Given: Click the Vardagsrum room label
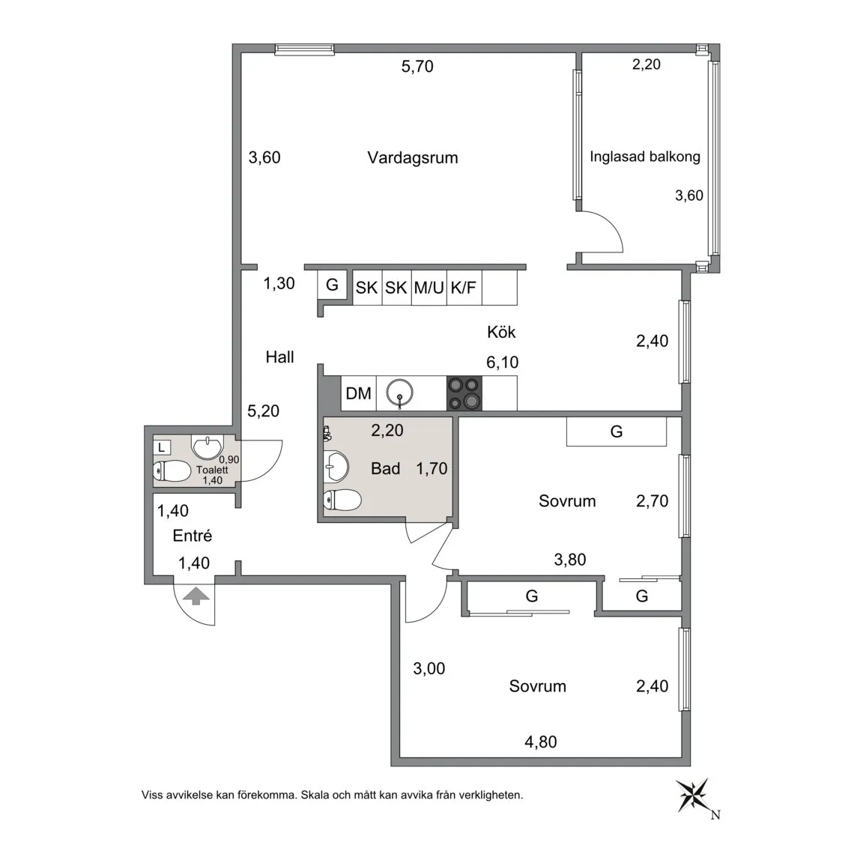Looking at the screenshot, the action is coord(413,158).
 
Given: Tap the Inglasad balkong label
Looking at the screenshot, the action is coord(645,157).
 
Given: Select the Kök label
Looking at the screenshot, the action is coord(501,332).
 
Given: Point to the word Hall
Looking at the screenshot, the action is coord(279,357).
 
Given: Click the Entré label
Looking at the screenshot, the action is coord(192,536).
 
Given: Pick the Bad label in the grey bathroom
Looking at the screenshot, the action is coord(385,468).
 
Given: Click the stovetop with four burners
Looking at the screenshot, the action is coord(464,393).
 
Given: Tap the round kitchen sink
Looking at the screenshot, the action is coord(399,393).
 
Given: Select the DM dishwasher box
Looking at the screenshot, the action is coord(358,393).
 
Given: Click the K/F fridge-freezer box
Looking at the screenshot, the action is coord(464,288).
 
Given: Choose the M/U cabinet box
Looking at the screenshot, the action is coord(429,288).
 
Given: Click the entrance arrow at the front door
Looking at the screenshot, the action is coord(196,596).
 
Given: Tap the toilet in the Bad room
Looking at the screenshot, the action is coord(342,500).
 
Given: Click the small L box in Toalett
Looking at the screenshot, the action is coord(162,447).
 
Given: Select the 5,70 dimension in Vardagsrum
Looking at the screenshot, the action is coord(417,67).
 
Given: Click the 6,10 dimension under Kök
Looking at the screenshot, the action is coord(502,362).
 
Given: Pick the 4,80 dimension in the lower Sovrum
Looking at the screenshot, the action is coord(540,742).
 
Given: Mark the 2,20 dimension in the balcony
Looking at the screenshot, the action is coord(647,64).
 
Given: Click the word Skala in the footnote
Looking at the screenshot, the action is coord(315,795).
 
